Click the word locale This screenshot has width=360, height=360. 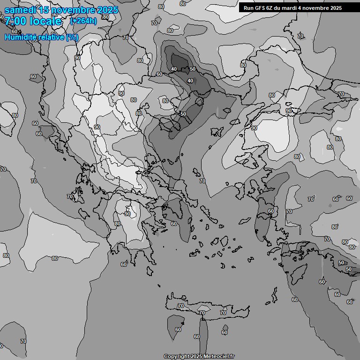click(45, 21)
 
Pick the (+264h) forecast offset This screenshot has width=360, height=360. click(83, 21)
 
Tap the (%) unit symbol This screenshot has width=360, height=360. click(72, 37)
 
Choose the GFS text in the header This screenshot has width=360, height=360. click(261, 8)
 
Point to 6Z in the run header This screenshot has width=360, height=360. click(270, 8)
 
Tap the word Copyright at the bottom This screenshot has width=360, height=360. click(177, 357)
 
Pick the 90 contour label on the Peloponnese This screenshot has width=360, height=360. click(127, 214)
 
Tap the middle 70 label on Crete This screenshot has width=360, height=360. click(202, 313)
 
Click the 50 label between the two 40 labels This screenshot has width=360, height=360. click(193, 69)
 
